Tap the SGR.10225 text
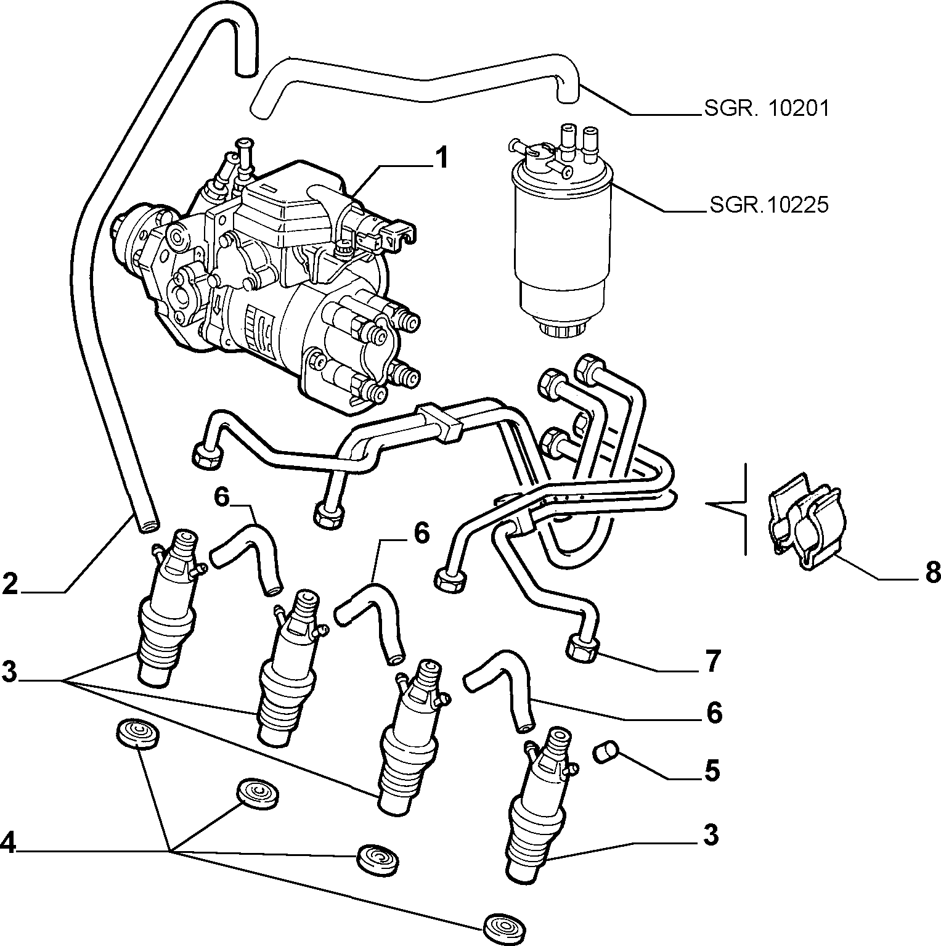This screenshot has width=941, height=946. pos(768,205)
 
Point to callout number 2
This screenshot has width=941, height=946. pos(10,584)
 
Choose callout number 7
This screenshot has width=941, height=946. pos(712,662)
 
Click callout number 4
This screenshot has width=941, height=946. pos(9,842)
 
